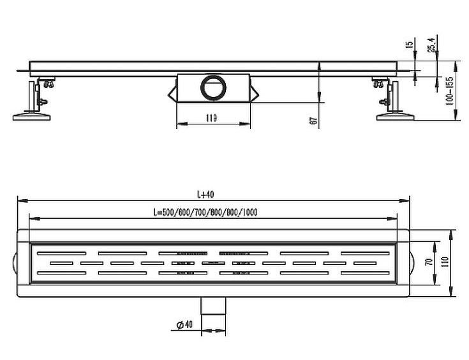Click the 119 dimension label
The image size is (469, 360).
(211, 118)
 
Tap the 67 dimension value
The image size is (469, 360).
(314, 121)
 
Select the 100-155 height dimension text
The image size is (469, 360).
(449, 91)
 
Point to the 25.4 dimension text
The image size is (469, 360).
(432, 45)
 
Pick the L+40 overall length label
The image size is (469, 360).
(205, 195)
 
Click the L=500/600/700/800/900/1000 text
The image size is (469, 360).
(205, 212)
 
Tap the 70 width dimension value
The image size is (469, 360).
(429, 262)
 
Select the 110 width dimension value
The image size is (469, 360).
(445, 262)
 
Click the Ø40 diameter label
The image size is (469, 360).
(184, 325)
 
